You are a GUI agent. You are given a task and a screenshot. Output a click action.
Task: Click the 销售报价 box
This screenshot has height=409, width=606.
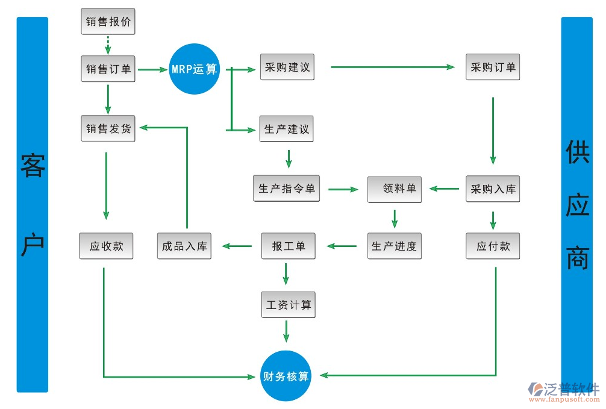coord(108,22)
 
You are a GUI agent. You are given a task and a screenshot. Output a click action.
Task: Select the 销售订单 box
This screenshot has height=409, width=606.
coord(108,69)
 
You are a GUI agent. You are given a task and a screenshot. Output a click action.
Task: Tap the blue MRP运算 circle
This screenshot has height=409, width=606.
coord(194,69)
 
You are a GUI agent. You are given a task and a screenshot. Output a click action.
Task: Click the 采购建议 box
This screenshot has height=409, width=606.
coord(287,67)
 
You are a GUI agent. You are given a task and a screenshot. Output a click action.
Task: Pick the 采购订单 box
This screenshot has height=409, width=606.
coord(493,67)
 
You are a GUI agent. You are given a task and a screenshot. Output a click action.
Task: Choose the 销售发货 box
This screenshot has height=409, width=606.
coord(108,128)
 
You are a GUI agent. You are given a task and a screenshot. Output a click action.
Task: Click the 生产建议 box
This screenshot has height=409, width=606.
coord(286,129)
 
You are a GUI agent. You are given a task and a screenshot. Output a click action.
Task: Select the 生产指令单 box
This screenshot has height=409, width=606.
coord(286,189)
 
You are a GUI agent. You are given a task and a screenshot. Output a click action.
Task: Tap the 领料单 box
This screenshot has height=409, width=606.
coord(395,189)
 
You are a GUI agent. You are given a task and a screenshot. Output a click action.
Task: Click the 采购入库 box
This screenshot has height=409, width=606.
coord(493,189)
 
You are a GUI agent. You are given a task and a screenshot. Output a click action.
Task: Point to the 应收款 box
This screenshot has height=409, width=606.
coord(106,246)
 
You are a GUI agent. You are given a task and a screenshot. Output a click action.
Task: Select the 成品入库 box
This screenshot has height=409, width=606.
coord(184,246)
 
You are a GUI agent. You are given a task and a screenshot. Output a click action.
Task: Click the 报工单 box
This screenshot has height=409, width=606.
coord(288,246)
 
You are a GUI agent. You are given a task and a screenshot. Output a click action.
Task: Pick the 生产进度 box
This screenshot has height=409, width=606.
coord(395,246)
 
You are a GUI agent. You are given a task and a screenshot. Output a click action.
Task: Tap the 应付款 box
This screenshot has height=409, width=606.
coord(493,246)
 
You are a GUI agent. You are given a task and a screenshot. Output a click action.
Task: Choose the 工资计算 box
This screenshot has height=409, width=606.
coord(289,305)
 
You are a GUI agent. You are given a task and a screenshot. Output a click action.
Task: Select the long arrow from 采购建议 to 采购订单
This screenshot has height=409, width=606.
coord(392,67)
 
